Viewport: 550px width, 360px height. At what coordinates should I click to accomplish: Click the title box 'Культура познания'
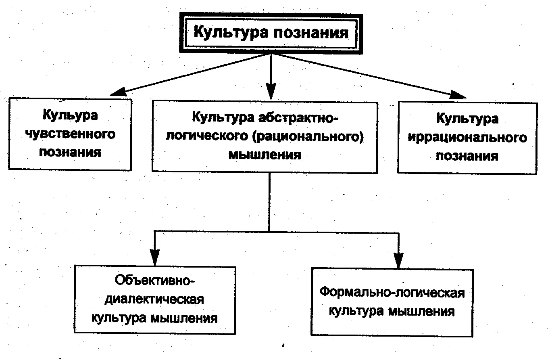coord(271,33)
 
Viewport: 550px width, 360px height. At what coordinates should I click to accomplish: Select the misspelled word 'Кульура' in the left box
coord(70,115)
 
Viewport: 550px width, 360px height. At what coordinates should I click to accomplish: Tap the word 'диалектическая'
coord(154,299)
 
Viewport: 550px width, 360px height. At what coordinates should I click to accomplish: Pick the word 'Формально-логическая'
coord(392,292)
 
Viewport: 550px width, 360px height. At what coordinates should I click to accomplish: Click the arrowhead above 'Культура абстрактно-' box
coord(271,92)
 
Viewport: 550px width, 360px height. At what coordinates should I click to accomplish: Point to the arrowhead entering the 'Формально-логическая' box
coord(398,260)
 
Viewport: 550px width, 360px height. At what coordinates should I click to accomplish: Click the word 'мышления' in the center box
coord(265,155)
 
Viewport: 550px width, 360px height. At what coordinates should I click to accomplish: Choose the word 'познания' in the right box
coord(467,156)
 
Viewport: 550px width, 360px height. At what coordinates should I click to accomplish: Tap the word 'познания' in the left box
coord(70,153)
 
